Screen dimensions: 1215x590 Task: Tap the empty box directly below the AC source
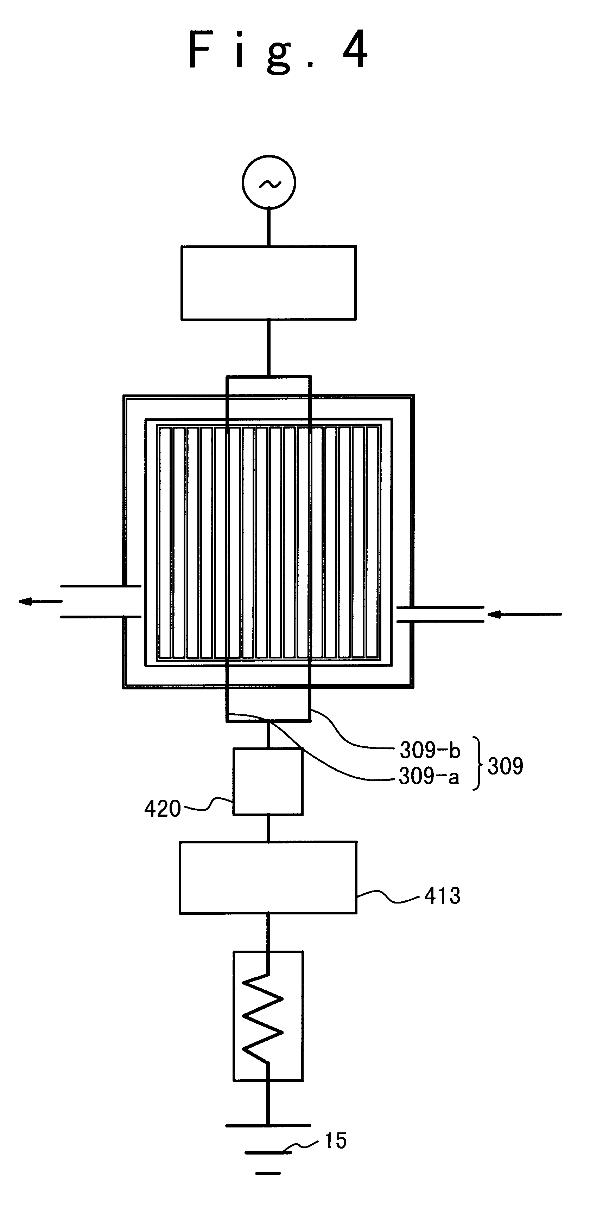(x=268, y=283)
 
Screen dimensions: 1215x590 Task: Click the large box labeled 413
(x=268, y=877)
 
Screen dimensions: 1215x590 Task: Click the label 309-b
(x=430, y=750)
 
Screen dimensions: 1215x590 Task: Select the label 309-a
(x=429, y=776)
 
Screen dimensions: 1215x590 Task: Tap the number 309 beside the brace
(x=505, y=766)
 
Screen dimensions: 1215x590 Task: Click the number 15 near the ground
(x=336, y=1142)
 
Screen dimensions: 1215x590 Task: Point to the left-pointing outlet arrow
(x=40, y=602)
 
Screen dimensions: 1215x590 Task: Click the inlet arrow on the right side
(x=524, y=614)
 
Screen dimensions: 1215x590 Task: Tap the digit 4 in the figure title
(x=355, y=50)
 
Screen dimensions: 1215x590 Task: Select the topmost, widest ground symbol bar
(x=268, y=1125)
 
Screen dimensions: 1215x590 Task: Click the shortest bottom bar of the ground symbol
(x=268, y=1172)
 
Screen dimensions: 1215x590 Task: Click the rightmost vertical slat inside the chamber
(x=373, y=542)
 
